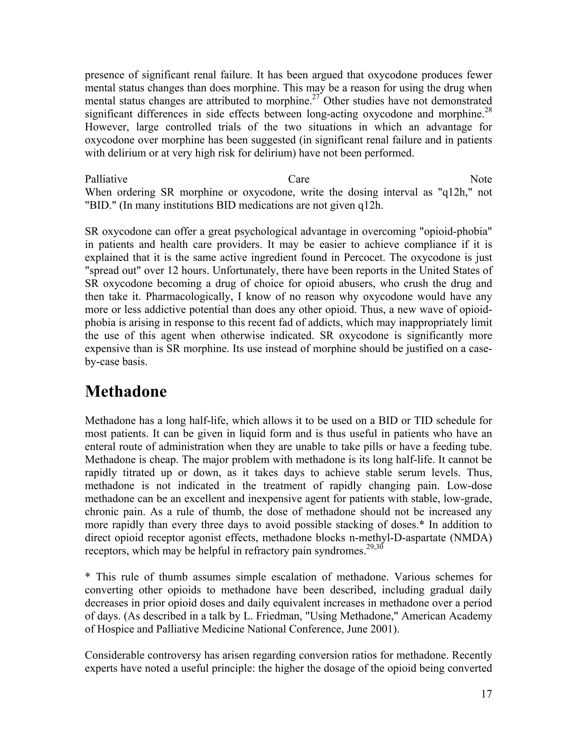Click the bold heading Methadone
pyautogui.click(x=126, y=392)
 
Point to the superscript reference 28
pyautogui.click(x=488, y=110)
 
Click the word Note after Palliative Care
pyautogui.click(x=481, y=179)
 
